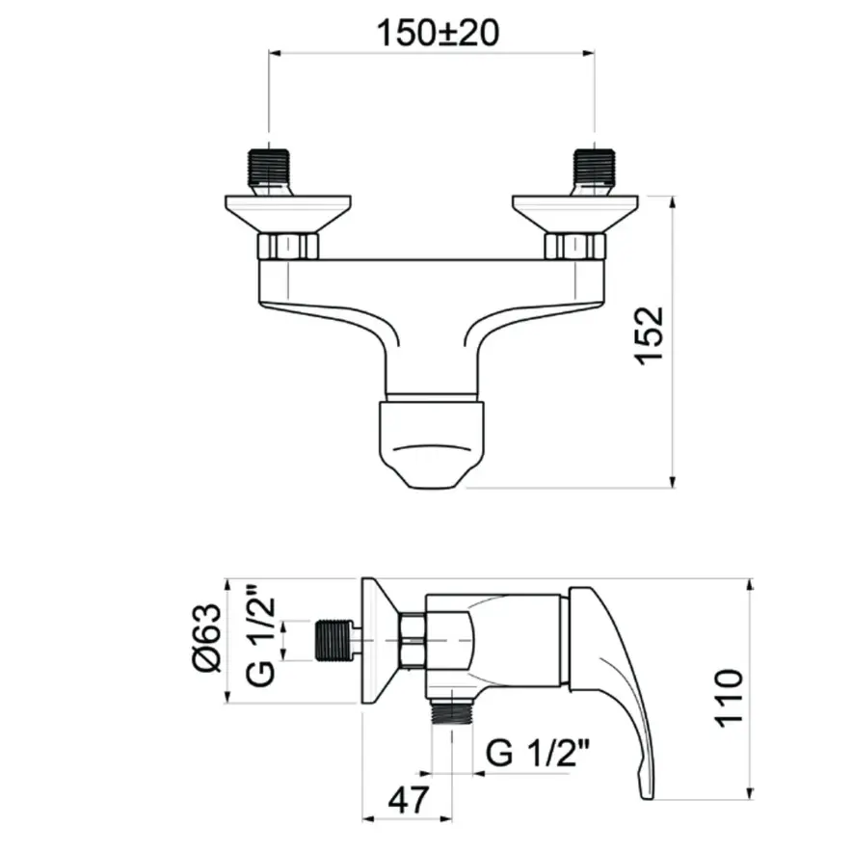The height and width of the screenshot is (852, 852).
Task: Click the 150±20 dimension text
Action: point(438,33)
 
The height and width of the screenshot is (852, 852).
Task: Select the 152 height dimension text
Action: point(650,335)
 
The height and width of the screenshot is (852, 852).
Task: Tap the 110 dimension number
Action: point(728,699)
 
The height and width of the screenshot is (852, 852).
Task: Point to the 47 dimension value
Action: point(409,799)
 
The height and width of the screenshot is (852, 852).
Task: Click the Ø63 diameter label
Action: point(207,638)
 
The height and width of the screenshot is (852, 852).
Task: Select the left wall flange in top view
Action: point(288,215)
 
